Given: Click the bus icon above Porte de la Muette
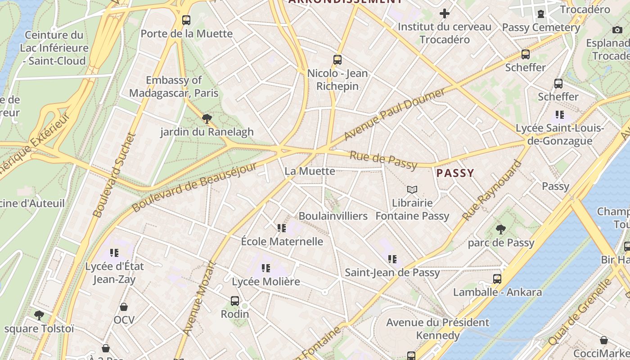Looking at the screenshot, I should click(x=186, y=20).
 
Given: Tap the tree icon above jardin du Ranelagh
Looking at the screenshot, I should click(x=207, y=119).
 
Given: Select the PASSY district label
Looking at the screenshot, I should click(x=455, y=173).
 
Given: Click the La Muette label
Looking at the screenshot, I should click(x=310, y=171).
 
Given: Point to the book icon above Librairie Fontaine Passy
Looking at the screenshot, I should click(x=412, y=190).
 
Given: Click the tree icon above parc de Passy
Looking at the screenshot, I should click(x=500, y=229).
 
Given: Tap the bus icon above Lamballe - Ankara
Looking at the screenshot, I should click(x=497, y=279).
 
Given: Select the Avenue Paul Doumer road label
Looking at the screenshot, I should click(x=394, y=114).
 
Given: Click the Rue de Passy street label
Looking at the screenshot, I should click(x=383, y=160).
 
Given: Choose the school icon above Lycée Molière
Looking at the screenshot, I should click(x=266, y=269).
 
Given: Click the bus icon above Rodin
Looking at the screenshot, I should click(x=234, y=301).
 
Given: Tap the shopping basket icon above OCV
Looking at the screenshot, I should click(x=124, y=307).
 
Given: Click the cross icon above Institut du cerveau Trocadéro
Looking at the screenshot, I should click(x=444, y=13).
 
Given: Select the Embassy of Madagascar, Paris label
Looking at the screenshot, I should click(x=174, y=86).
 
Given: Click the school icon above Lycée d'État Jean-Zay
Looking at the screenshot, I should click(x=114, y=253).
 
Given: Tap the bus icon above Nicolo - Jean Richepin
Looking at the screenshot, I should click(x=337, y=60).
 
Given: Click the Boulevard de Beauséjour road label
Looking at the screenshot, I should click(x=194, y=188).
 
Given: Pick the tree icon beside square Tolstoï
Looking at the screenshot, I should click(x=39, y=315).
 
